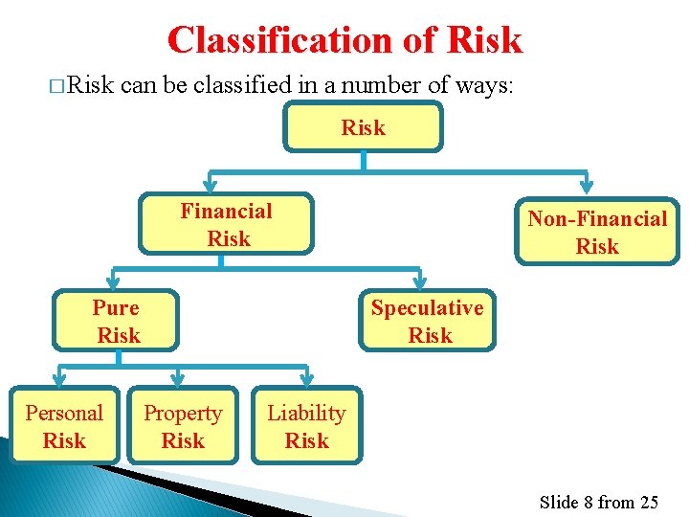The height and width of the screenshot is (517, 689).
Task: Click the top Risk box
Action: pos(364,127)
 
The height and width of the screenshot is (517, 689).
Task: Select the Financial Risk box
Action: pos(227,225)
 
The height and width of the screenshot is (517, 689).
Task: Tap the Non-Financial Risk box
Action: pos(597,232)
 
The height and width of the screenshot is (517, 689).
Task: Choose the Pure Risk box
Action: pos(117,322)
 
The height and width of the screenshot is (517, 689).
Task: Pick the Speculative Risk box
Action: pos(428,322)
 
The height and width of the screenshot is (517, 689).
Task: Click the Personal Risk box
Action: pos(64,427)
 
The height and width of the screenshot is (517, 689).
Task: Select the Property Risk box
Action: pos(182,427)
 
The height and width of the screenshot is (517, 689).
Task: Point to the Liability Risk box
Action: pos(306,427)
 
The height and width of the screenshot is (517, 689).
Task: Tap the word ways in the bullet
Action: pos(488,85)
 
